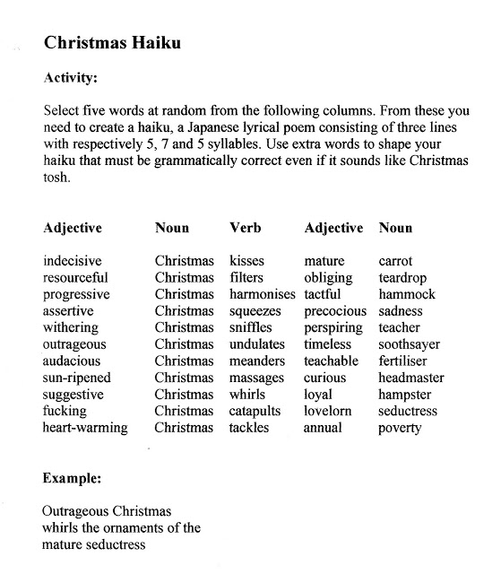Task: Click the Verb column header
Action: point(246,228)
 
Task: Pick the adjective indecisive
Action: point(73,261)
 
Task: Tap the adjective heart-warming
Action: point(85,428)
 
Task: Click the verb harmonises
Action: point(263,294)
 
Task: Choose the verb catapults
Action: point(255,411)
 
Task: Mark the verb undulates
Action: point(257,344)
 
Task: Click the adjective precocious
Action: point(335,311)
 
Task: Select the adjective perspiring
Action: point(333,327)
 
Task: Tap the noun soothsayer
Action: point(410,344)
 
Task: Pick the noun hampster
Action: point(405,395)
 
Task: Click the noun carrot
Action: point(395,261)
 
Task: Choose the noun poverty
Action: point(400,428)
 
